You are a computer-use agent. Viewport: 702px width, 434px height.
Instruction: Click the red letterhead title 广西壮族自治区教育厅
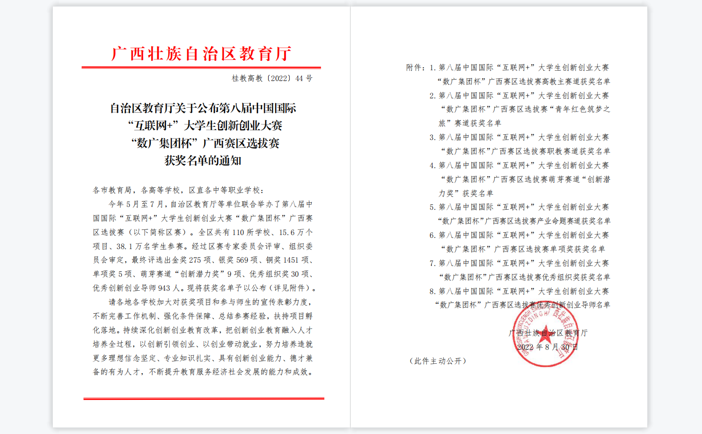click(201, 54)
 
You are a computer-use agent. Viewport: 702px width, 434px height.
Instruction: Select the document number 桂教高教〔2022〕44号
click(272, 79)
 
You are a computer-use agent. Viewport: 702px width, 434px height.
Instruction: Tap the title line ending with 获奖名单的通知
click(203, 161)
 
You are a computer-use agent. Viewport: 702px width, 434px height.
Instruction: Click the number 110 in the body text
click(238, 232)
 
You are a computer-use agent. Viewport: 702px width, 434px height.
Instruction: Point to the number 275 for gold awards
click(195, 260)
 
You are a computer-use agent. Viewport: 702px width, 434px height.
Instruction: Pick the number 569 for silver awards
click(242, 260)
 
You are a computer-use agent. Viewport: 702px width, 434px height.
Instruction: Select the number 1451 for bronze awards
click(291, 260)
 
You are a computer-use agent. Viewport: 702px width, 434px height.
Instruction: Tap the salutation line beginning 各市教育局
click(178, 190)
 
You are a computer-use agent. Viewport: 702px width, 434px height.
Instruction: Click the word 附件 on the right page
click(414, 68)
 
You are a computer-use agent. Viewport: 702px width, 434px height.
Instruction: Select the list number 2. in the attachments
click(432, 96)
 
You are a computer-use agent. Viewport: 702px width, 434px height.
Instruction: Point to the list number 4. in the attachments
click(432, 165)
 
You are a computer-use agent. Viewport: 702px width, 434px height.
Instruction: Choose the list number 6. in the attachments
click(432, 235)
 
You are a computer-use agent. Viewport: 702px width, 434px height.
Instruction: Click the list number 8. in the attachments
click(432, 291)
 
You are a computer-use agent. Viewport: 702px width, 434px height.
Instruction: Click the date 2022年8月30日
click(547, 347)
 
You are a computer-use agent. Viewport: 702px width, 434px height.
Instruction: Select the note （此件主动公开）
click(438, 361)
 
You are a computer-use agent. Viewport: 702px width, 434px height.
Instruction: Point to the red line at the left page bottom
click(204, 398)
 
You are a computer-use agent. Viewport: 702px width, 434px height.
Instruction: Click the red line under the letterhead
click(201, 67)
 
